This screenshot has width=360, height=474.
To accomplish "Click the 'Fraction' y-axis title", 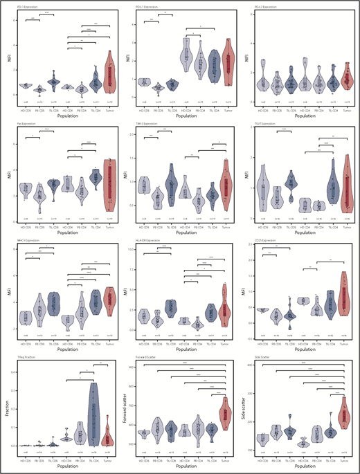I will (8, 411).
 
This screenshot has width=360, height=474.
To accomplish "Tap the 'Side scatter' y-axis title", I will (247, 411).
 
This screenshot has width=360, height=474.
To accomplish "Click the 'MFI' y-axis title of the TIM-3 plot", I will (128, 172).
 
